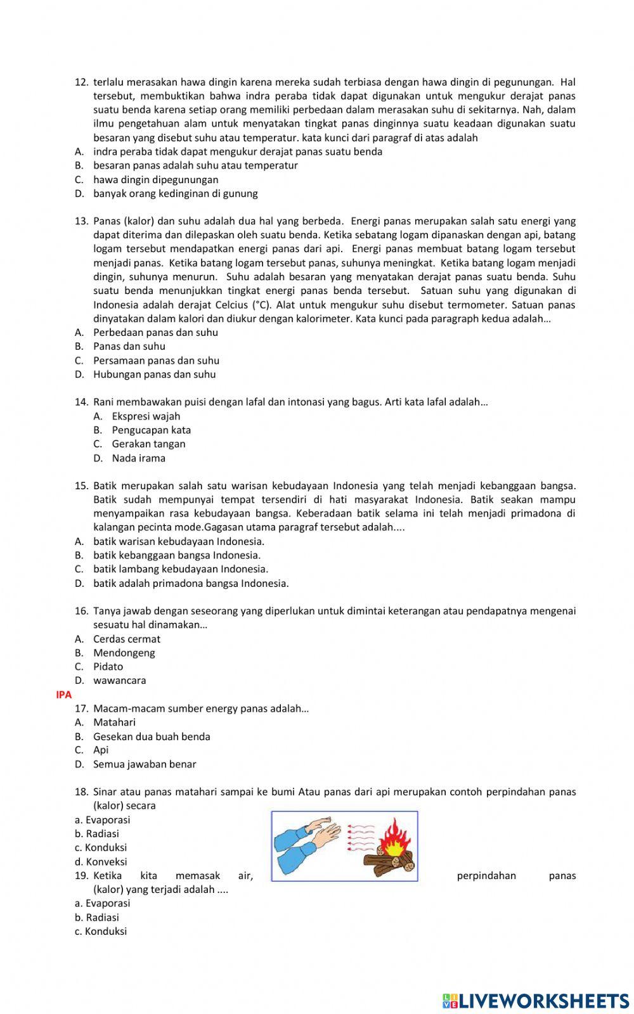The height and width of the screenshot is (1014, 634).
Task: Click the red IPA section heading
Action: (64, 695)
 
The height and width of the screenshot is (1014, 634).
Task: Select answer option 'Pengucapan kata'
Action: (151, 430)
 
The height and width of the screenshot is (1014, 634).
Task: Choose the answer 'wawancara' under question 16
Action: (119, 681)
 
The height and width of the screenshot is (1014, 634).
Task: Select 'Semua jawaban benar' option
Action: (145, 764)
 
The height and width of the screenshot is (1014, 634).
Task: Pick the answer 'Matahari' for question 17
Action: (114, 722)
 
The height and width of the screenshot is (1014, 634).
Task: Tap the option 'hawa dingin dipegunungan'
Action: (155, 179)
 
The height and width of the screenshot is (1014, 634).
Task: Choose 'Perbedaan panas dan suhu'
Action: (155, 333)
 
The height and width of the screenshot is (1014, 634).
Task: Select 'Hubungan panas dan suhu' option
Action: (154, 375)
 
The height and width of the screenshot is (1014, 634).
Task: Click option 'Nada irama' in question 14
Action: (138, 458)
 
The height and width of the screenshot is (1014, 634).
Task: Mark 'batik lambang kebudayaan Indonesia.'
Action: (180, 569)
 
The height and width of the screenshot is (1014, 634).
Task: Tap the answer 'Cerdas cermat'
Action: (127, 639)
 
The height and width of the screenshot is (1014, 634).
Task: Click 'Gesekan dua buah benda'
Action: (152, 736)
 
